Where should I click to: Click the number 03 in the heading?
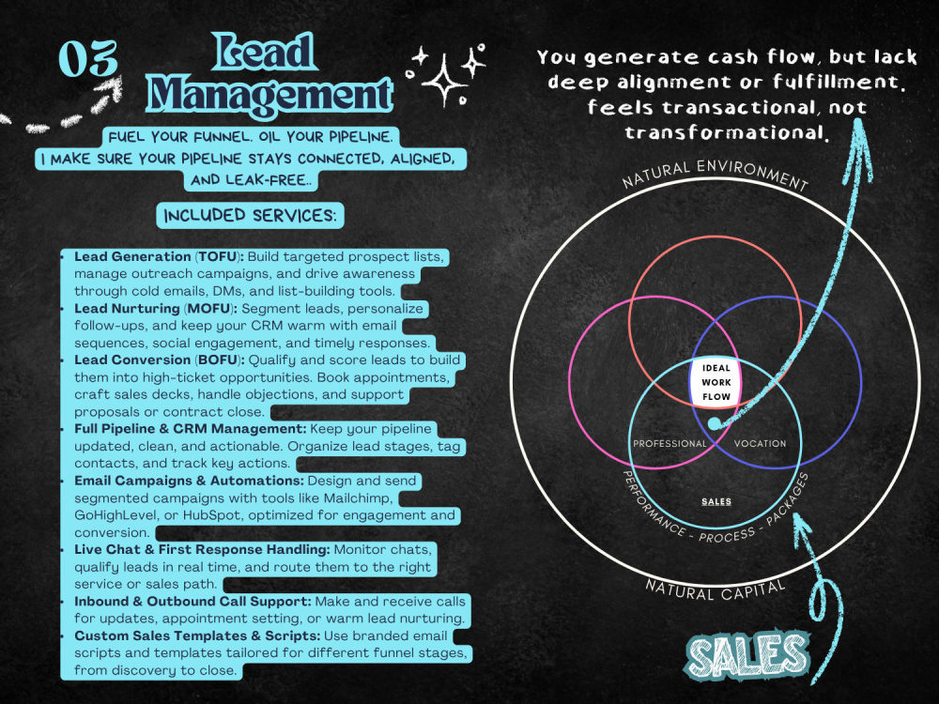pyautogui.click(x=88, y=59)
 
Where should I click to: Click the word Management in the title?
pyautogui.click(x=269, y=94)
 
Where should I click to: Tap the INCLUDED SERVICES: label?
pyautogui.click(x=251, y=216)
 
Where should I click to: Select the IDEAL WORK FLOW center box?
pyautogui.click(x=716, y=382)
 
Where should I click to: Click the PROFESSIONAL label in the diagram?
pyautogui.click(x=670, y=444)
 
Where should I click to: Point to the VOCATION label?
pyautogui.click(x=760, y=444)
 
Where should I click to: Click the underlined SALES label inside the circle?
pyautogui.click(x=716, y=501)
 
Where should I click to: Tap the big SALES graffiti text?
pyautogui.click(x=747, y=655)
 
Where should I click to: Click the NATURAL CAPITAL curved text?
pyautogui.click(x=716, y=590)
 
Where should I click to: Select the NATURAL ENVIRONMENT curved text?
pyautogui.click(x=716, y=173)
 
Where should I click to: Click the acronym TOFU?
pyautogui.click(x=218, y=257)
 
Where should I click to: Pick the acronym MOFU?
pyautogui.click(x=208, y=309)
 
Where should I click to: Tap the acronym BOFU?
pyautogui.click(x=218, y=360)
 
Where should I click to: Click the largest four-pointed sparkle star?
pyautogui.click(x=444, y=81)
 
